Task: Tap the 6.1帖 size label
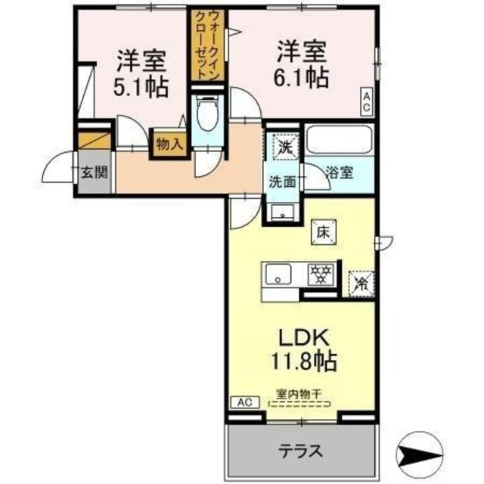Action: (x=301, y=77)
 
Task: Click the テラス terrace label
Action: (x=299, y=452)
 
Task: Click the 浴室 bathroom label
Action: (x=338, y=172)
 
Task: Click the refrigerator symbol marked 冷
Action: (x=361, y=284)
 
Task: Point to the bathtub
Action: (x=340, y=140)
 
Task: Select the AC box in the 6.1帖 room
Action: (x=366, y=102)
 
